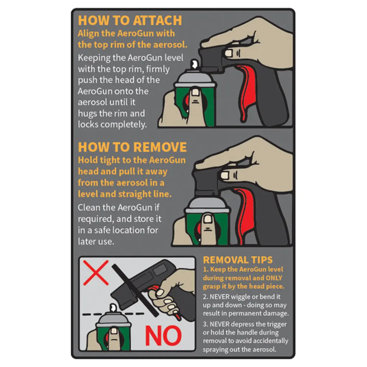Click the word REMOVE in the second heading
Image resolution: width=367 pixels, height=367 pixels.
(160, 147)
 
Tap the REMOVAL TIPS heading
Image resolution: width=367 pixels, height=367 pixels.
(238, 260)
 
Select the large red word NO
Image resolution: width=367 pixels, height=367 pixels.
(163, 335)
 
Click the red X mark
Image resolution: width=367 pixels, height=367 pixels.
(96, 273)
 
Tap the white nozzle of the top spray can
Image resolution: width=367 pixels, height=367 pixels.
(194, 64)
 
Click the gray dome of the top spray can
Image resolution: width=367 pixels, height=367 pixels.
(195, 77)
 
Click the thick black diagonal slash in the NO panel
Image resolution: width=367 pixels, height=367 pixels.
(135, 290)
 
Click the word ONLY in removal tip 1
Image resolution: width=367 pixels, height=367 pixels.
(274, 278)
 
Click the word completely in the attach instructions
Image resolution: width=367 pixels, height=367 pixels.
(124, 124)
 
